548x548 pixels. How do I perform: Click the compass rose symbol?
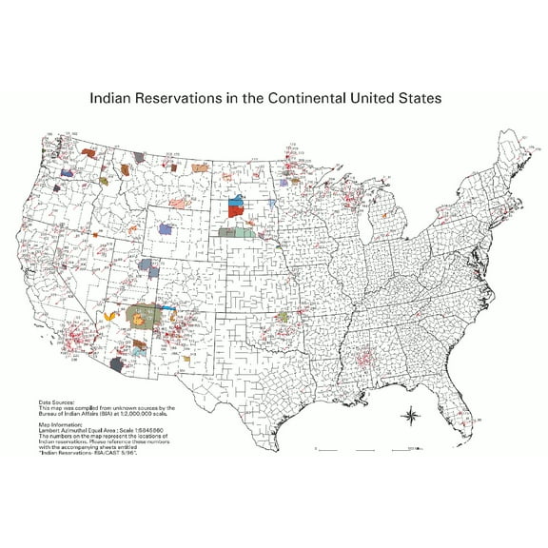pyautogui.click(x=411, y=416)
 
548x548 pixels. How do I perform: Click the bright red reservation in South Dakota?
pyautogui.click(x=236, y=212)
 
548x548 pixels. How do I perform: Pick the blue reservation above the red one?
pyautogui.click(x=237, y=201)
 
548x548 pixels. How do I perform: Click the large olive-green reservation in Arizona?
pyautogui.click(x=145, y=313)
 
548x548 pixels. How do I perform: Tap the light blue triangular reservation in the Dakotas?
pyautogui.click(x=273, y=205)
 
